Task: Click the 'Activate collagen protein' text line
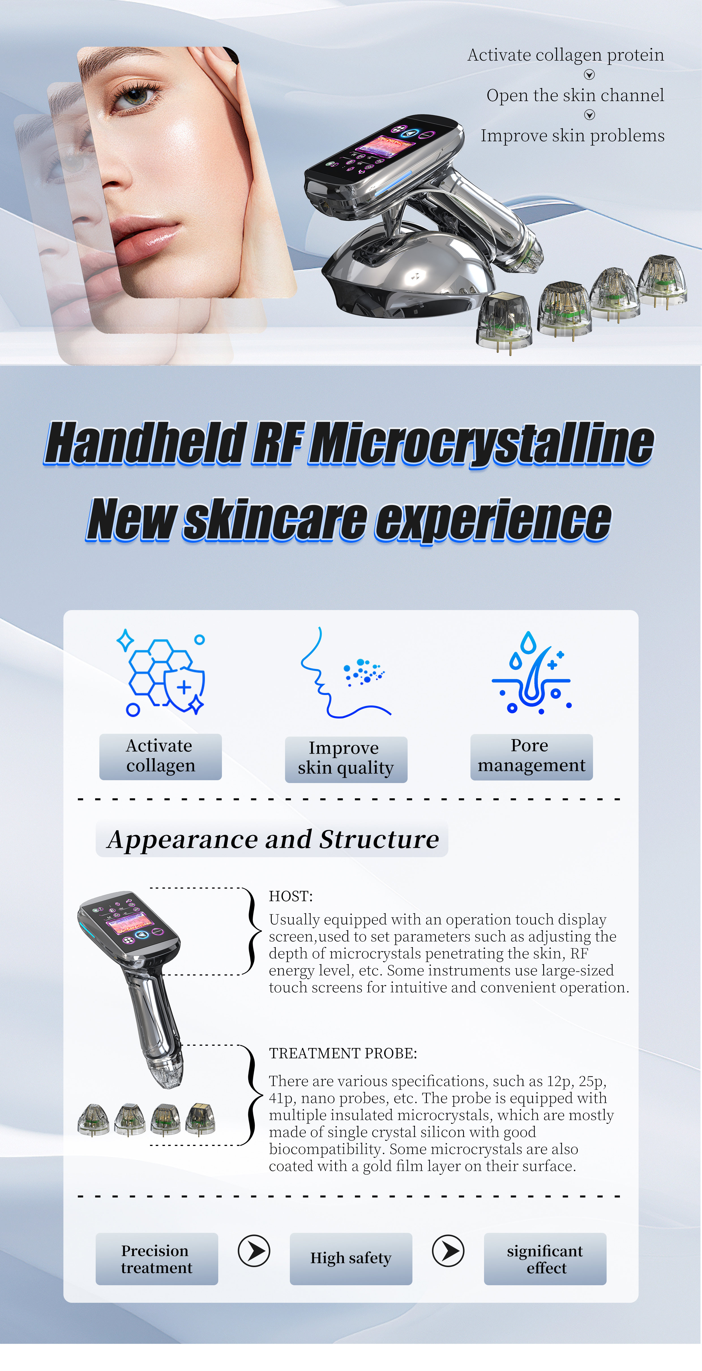(x=565, y=55)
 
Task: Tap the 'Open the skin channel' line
(x=575, y=95)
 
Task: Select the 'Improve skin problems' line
(x=572, y=136)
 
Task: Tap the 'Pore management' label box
(x=531, y=756)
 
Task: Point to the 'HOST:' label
(x=291, y=896)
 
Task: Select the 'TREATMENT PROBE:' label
(x=343, y=1053)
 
